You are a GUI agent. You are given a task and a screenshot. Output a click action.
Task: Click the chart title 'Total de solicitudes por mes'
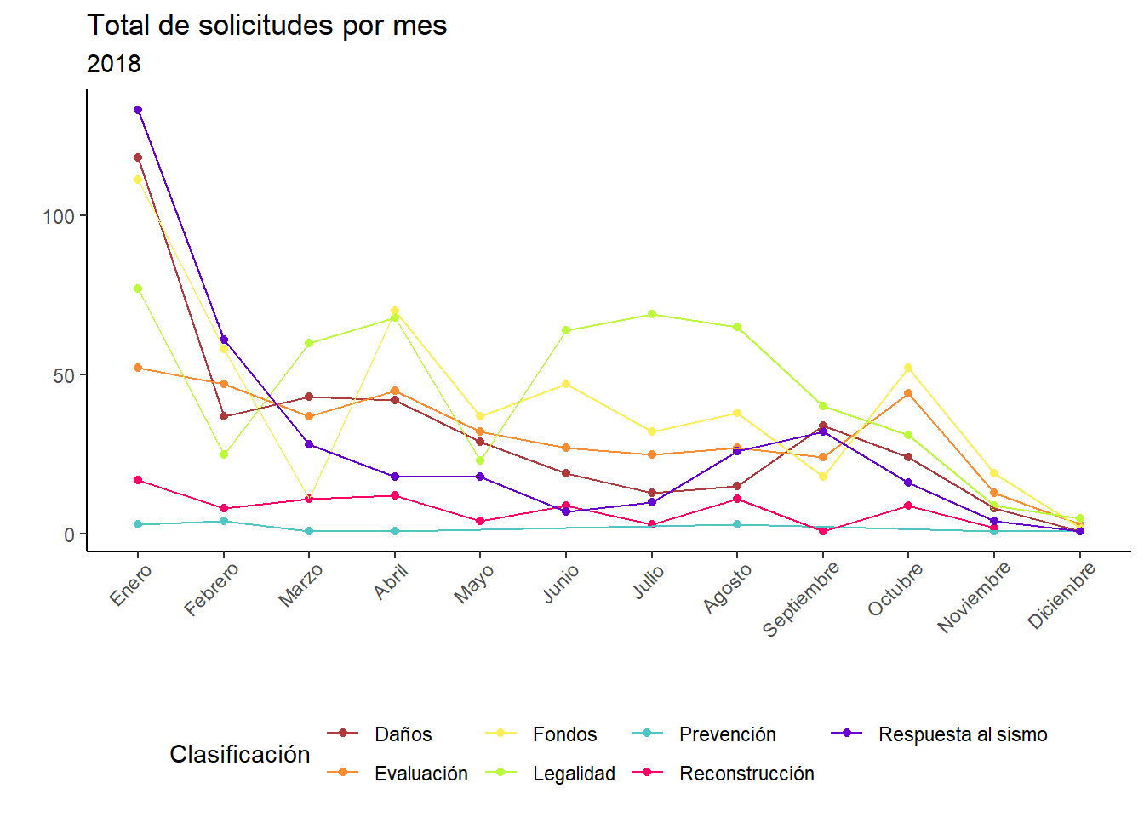click(266, 26)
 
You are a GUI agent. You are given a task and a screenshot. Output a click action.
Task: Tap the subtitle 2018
click(114, 64)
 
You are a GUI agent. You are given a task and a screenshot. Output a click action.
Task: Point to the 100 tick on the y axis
click(59, 216)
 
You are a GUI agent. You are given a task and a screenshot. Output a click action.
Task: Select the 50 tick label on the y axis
click(64, 375)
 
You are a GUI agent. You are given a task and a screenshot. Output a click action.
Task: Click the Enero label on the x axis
click(131, 585)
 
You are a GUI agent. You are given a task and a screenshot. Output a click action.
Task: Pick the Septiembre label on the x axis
click(801, 598)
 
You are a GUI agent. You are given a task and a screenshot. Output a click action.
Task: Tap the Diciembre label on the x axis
click(1061, 596)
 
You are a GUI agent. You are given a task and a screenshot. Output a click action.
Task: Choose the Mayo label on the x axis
click(474, 585)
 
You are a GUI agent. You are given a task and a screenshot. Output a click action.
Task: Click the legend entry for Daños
click(403, 734)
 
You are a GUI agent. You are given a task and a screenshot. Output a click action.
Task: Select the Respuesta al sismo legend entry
click(962, 734)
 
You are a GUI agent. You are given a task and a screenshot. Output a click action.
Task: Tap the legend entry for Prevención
click(727, 734)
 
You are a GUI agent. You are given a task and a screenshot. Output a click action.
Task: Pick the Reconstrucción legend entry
click(746, 774)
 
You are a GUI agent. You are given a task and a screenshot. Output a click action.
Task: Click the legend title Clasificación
click(240, 754)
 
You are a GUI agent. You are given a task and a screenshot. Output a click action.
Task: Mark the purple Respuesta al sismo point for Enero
click(138, 110)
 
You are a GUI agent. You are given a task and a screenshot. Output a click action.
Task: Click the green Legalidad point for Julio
click(652, 314)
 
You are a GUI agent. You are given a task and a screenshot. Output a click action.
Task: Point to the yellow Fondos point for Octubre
click(908, 368)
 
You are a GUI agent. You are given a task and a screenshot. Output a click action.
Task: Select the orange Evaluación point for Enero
click(138, 368)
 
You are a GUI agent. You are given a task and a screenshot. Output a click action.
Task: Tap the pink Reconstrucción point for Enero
click(138, 480)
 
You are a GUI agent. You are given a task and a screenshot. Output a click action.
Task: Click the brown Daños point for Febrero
click(224, 416)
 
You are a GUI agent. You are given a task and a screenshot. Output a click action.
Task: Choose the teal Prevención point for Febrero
click(224, 521)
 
